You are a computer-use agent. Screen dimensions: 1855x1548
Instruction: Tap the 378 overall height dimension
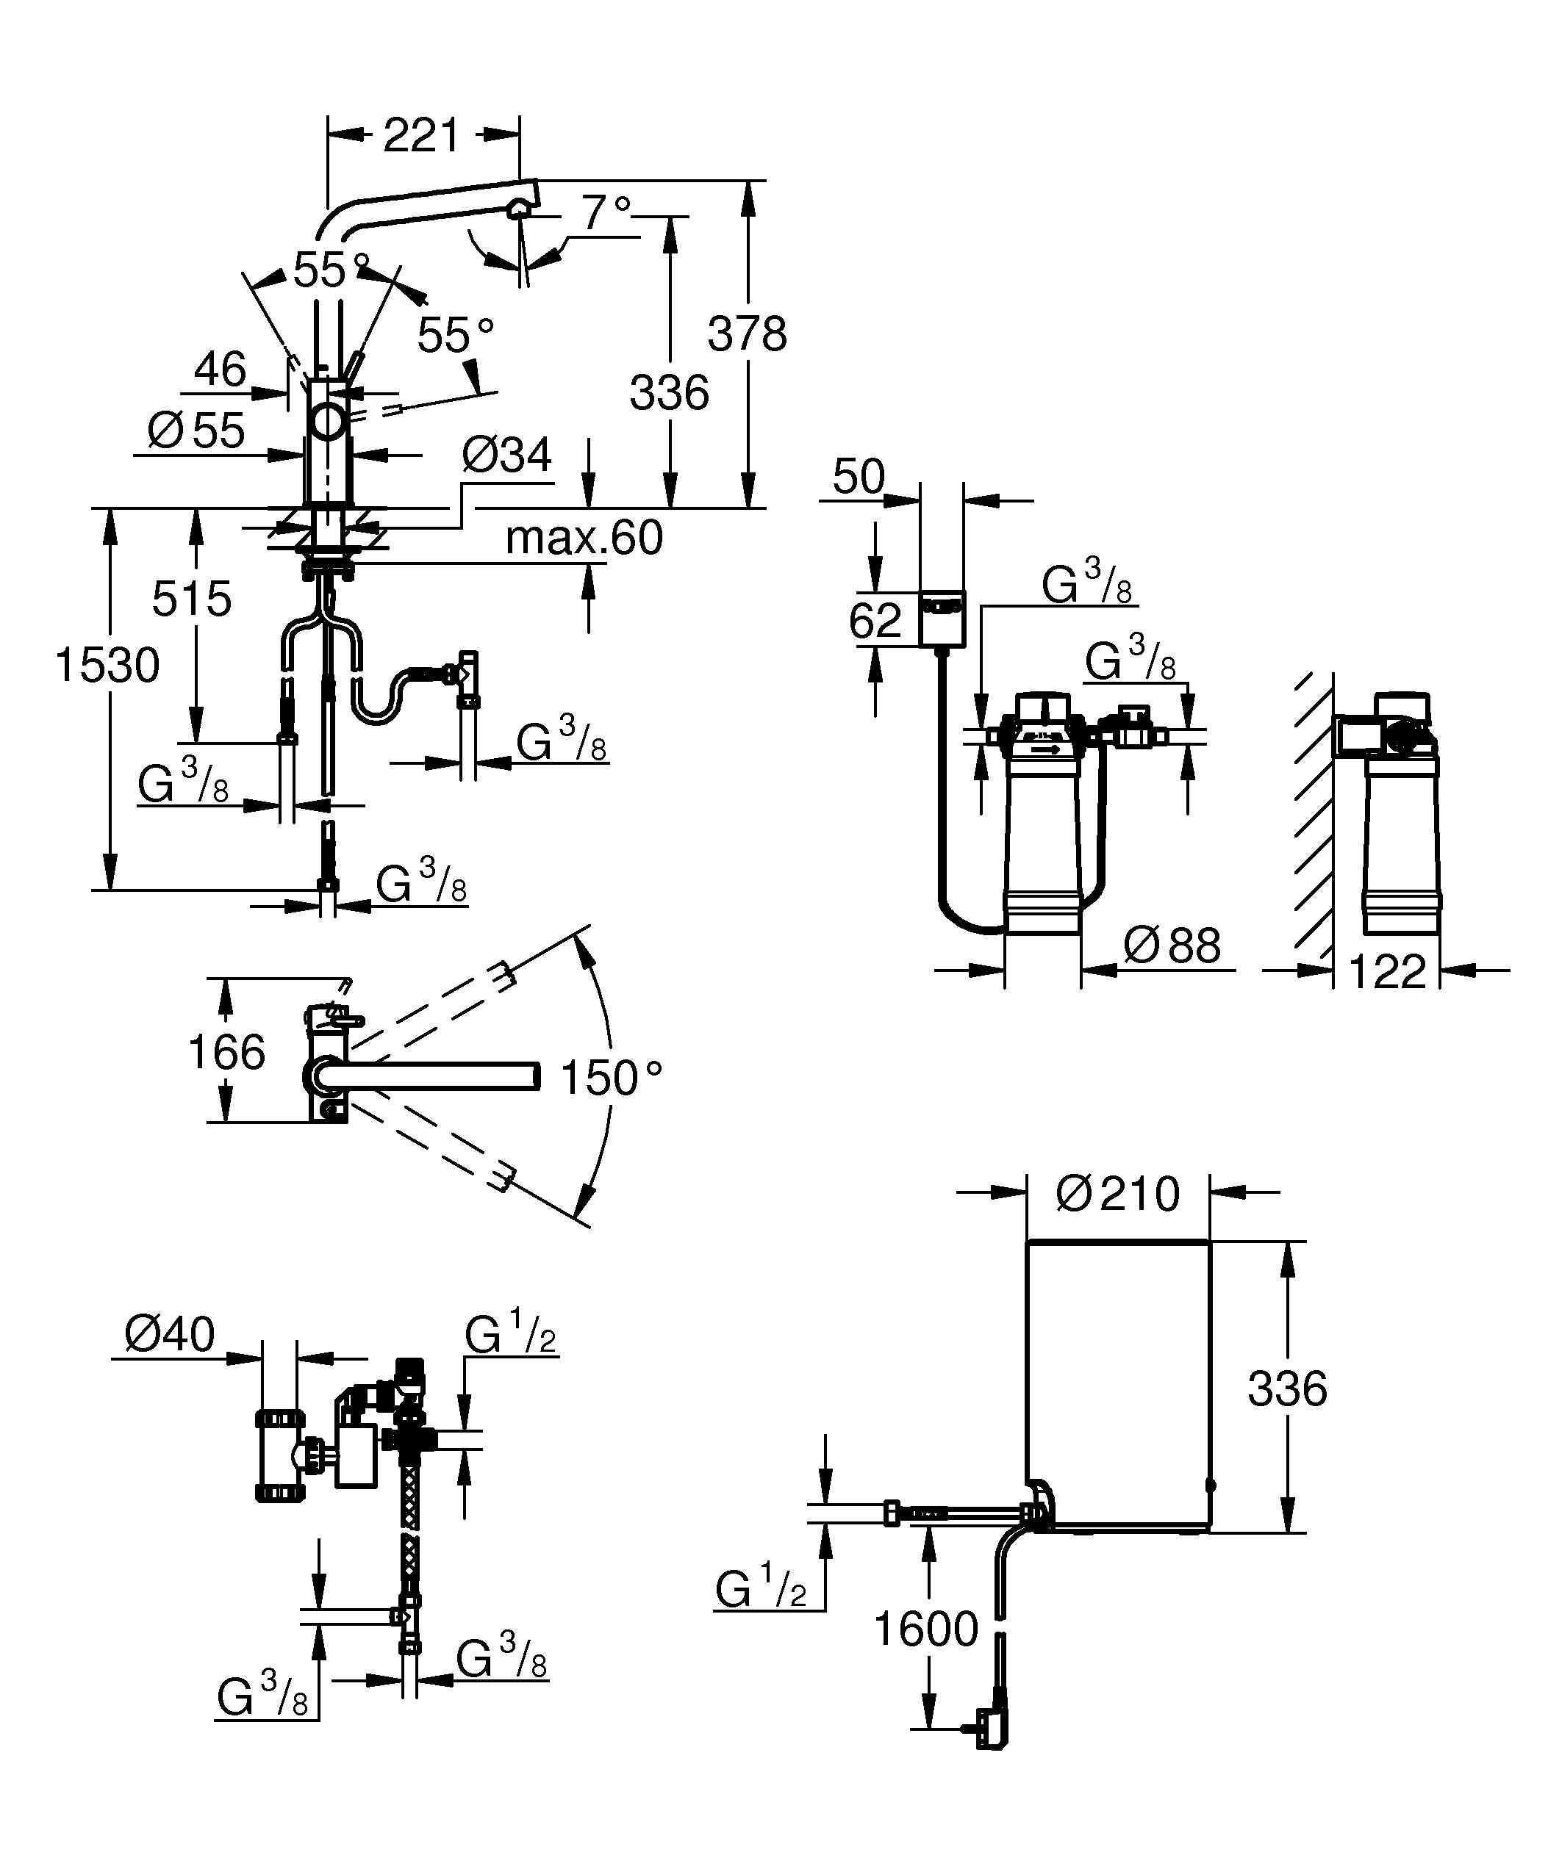[x=747, y=334]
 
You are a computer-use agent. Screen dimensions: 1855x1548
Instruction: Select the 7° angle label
[x=606, y=212]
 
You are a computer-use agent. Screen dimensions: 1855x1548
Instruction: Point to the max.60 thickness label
[x=584, y=537]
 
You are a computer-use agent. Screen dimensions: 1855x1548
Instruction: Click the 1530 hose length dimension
[x=107, y=665]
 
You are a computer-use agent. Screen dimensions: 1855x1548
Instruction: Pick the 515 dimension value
[x=192, y=599]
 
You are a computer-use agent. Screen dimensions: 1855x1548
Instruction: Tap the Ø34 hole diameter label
[x=507, y=455]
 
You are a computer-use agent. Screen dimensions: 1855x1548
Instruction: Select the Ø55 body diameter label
[x=196, y=431]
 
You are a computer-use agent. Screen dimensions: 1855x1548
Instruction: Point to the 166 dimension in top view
[x=226, y=1052]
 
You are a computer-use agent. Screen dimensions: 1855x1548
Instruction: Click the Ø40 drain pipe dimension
[x=170, y=1334]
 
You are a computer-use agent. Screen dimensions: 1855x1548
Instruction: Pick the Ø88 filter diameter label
[x=1172, y=945]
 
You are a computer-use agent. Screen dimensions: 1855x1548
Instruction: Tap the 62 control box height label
[x=875, y=620]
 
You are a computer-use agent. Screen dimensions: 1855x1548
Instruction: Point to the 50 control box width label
[x=858, y=477]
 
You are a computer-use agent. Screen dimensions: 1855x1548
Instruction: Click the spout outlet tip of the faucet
[x=521, y=208]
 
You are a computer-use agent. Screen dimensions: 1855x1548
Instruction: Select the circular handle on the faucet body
[x=329, y=420]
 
